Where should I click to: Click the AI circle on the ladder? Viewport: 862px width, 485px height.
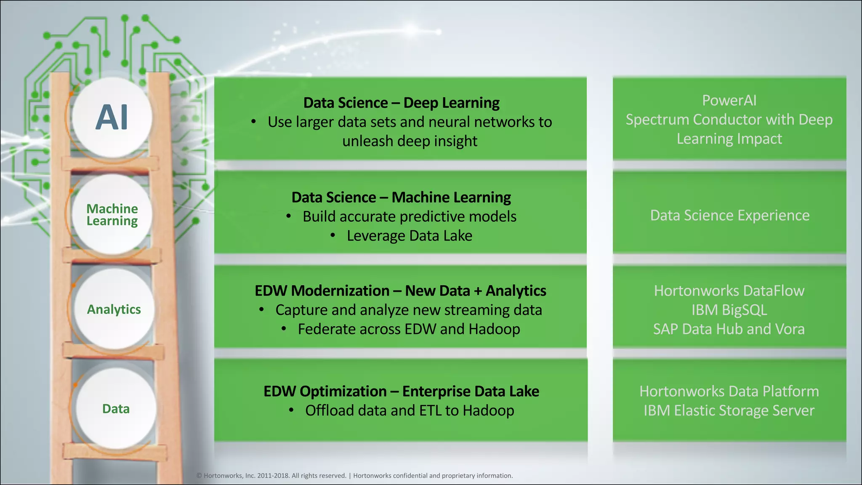click(112, 117)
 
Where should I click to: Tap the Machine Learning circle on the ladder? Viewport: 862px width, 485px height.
click(112, 215)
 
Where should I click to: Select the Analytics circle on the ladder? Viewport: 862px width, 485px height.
click(114, 309)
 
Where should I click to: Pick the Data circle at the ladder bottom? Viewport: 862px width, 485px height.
click(116, 409)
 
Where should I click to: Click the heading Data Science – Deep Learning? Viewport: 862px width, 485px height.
click(401, 103)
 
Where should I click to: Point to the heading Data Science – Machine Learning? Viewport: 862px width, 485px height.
click(401, 197)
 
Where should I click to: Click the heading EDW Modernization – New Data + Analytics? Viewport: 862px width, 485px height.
click(400, 291)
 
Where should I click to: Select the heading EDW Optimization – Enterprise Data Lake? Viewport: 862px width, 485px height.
click(401, 392)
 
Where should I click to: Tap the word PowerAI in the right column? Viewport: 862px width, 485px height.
click(729, 101)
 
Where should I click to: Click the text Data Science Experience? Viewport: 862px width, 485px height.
click(729, 216)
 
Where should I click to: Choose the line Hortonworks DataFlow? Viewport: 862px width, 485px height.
click(729, 291)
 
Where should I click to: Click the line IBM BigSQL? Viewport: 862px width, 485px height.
click(729, 310)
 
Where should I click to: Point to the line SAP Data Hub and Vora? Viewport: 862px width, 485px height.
click(729, 329)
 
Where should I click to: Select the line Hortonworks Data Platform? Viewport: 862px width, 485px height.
click(729, 392)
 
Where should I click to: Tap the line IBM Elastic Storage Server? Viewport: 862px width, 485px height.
click(729, 410)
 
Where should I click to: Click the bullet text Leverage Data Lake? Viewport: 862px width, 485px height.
click(409, 236)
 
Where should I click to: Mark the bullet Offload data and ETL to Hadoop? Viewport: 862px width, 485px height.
click(409, 410)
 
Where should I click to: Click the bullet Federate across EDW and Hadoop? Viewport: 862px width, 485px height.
click(409, 329)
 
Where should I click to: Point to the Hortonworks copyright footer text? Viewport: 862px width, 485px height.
click(354, 476)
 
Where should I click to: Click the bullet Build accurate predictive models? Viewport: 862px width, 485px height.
click(409, 217)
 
